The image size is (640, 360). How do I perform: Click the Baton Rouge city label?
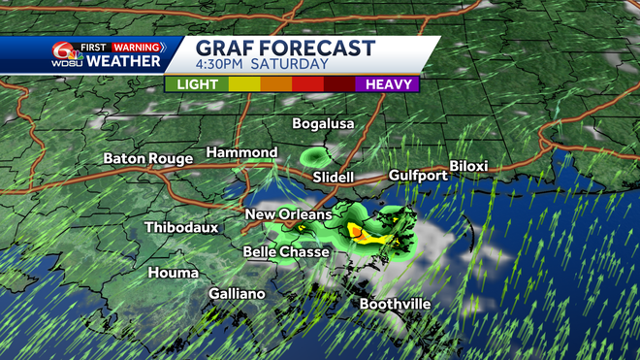147,158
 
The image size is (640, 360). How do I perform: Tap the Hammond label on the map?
241,153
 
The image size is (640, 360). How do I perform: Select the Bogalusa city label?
324,123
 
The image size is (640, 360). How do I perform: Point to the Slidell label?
334,178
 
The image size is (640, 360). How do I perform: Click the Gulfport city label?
417,176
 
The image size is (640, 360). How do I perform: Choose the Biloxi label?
468,167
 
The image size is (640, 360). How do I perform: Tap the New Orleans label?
288,214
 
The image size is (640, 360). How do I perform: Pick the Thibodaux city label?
181,227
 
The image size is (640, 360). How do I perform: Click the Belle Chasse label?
286,252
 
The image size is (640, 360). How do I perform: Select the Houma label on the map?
173,273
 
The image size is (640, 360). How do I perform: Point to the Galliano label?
237,293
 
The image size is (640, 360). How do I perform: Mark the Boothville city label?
395,304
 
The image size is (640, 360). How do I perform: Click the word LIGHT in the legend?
197,84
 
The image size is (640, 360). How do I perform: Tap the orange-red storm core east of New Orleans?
357,232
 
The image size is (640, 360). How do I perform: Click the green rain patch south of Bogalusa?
315,156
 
